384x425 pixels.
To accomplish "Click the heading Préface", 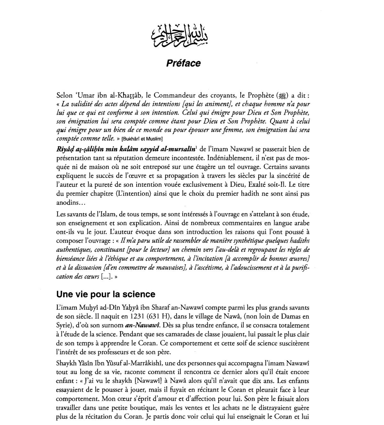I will point(183,63).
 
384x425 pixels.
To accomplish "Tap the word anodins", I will point(65,203).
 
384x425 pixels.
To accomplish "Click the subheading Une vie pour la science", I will point(106,294).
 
